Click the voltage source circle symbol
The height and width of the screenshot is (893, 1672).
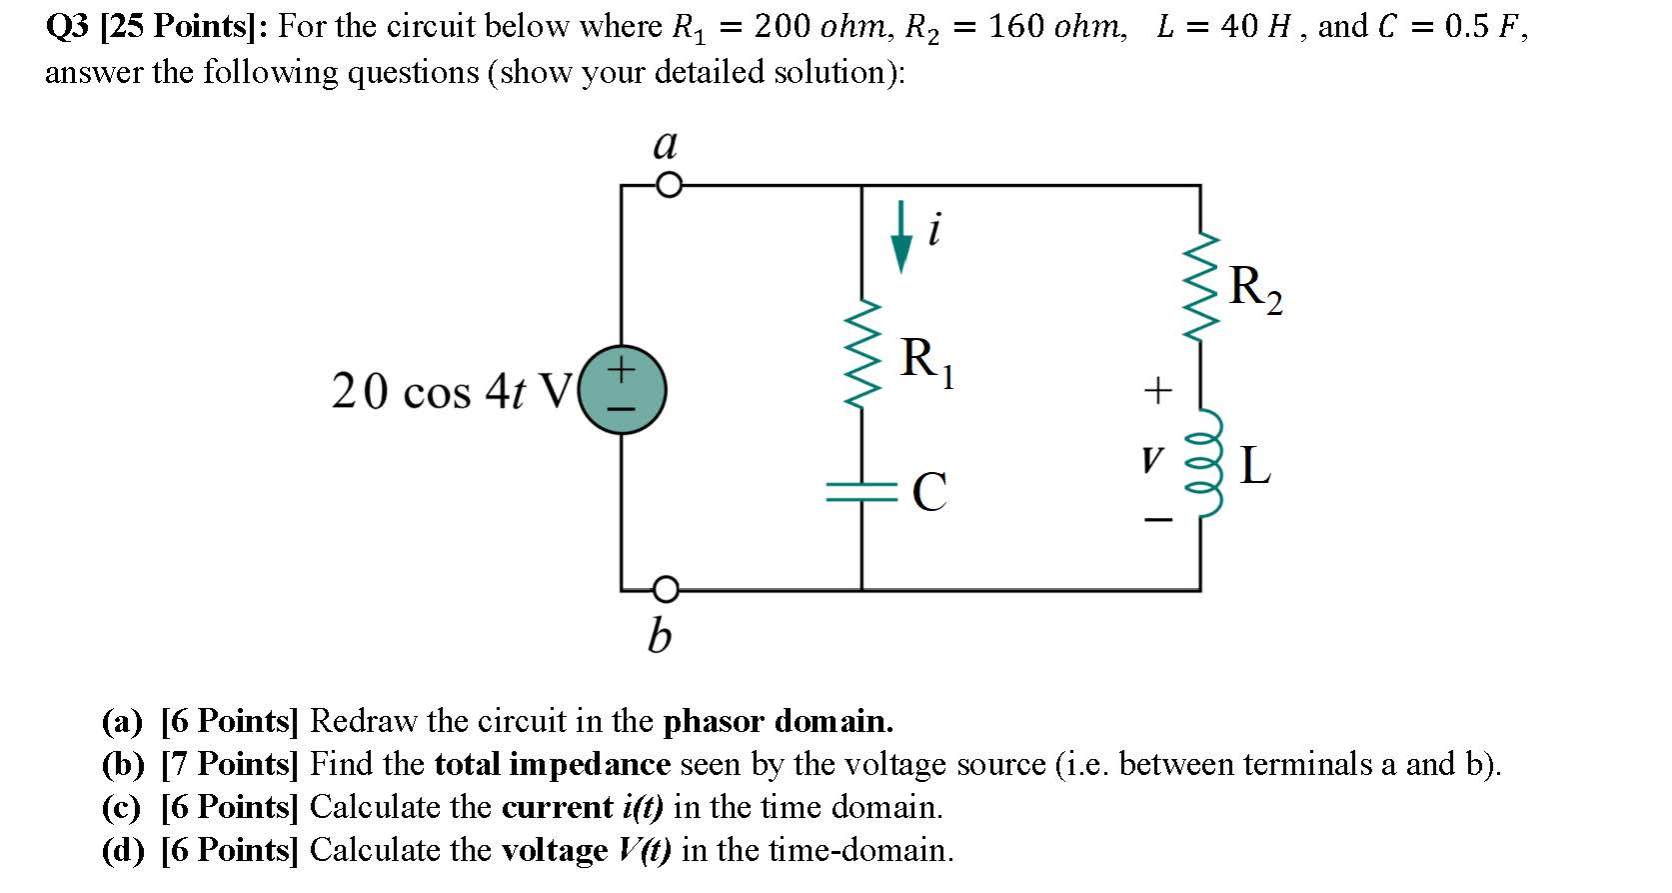[x=622, y=390]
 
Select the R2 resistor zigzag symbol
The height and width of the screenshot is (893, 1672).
[x=1199, y=286]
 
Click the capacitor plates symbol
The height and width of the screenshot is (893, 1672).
[x=862, y=490]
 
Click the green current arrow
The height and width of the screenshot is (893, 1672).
[x=901, y=236]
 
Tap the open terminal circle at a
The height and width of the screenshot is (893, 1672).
[x=669, y=186]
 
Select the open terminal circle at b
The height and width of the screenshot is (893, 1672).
[x=668, y=589]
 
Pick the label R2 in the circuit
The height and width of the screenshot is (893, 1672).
[x=1255, y=288]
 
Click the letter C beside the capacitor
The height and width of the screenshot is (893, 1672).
[x=929, y=491]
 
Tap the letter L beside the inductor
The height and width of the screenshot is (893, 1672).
[x=1255, y=466]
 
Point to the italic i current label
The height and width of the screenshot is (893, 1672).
[x=934, y=231]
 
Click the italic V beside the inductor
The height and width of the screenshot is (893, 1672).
[x=1152, y=461]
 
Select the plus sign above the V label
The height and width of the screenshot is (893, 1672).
[x=1156, y=390]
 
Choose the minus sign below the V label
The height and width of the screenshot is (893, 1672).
[x=1157, y=520]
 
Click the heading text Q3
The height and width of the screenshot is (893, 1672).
[x=68, y=27]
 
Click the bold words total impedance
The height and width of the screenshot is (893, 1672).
[x=552, y=764]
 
